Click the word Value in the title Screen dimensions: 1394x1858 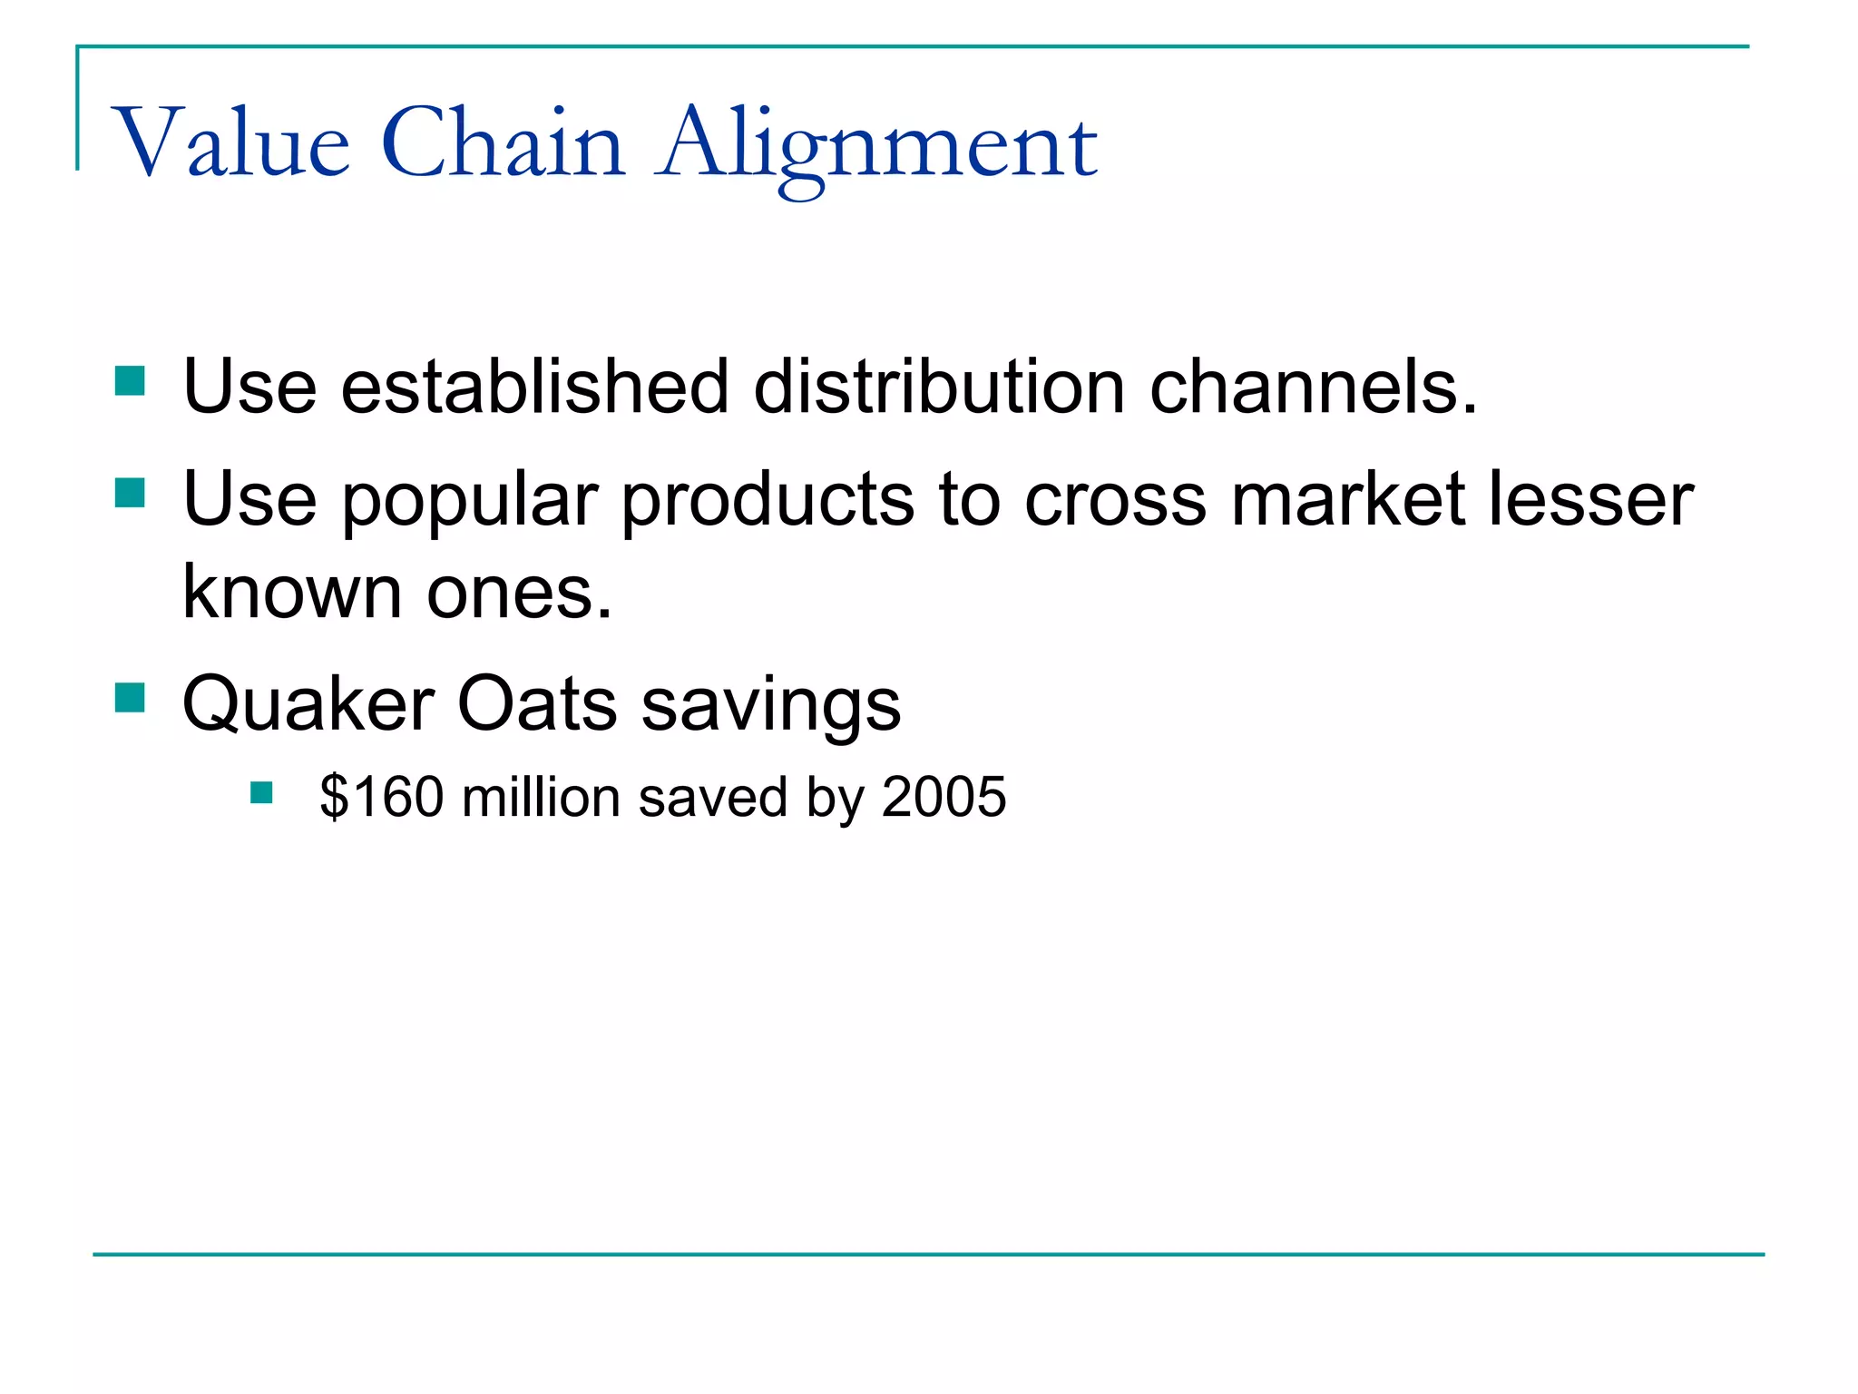(x=231, y=143)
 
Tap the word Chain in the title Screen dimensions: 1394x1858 (x=504, y=143)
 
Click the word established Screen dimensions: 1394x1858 (x=534, y=387)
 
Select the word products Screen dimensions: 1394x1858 (x=768, y=501)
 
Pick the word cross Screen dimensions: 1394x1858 (x=1116, y=501)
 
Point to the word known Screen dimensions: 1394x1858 (x=292, y=592)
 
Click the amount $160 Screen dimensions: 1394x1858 (x=381, y=797)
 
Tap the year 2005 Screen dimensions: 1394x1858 (x=944, y=797)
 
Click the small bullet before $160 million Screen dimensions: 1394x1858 (x=261, y=794)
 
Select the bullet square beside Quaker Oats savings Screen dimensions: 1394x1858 (x=131, y=698)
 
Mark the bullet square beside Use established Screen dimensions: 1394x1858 (x=131, y=381)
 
